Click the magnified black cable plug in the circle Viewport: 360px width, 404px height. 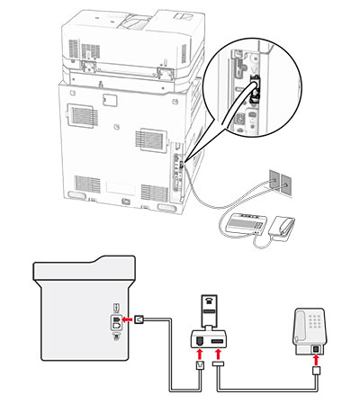pos(254,89)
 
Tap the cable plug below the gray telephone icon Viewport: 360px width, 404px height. pos(314,371)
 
